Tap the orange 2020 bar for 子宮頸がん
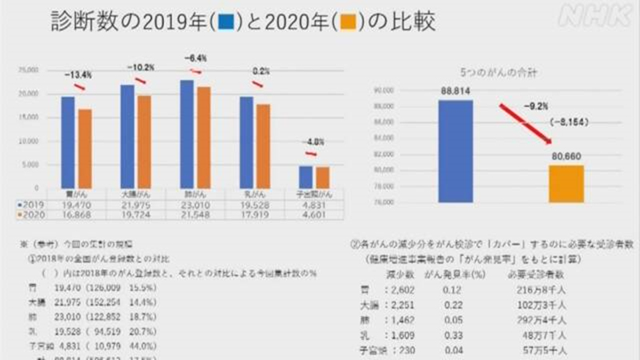[x=322, y=177]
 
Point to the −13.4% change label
[x=79, y=74]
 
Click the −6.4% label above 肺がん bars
[x=196, y=58]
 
